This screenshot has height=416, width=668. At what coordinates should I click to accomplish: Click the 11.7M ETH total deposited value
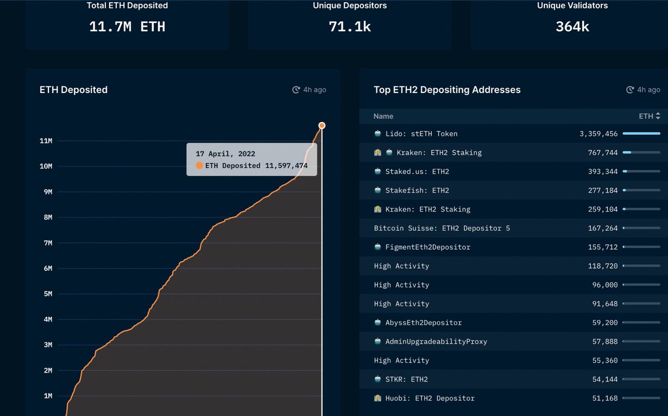coord(127,26)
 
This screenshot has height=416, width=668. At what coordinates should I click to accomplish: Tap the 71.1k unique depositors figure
coord(350,26)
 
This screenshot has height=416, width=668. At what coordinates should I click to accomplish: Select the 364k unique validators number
coord(572,26)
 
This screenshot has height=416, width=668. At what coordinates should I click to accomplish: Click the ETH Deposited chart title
coord(73,90)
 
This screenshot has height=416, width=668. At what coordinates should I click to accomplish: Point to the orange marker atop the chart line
coord(322,125)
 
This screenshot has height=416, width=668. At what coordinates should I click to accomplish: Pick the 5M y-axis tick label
coord(47,293)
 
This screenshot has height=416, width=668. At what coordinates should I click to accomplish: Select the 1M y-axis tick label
coord(47,396)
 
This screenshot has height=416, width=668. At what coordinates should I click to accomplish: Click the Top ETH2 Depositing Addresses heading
coord(447,90)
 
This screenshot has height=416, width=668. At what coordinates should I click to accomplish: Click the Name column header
coord(384,116)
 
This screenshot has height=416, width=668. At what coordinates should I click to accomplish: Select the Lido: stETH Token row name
coord(421,134)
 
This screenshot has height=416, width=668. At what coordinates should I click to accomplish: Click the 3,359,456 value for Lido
coord(598,134)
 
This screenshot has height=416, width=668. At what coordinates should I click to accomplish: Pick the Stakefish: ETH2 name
coord(417,190)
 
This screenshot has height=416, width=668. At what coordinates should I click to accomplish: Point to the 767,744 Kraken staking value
coord(603,153)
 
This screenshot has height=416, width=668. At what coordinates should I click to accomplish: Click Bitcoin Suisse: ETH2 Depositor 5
coord(442,228)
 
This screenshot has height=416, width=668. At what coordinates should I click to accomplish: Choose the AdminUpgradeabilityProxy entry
coord(436,341)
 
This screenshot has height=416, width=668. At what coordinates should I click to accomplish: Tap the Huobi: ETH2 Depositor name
coord(430,398)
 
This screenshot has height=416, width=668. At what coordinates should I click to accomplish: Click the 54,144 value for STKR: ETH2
coord(605,379)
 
